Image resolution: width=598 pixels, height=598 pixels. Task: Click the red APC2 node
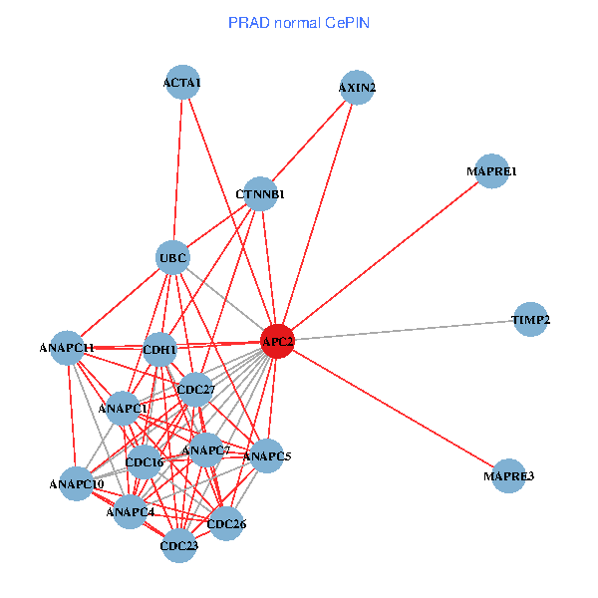(x=277, y=342)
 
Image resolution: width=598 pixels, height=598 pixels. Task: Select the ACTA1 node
(x=181, y=83)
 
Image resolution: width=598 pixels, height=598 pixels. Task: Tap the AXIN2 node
(x=357, y=88)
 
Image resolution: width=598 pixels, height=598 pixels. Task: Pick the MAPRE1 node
(x=491, y=171)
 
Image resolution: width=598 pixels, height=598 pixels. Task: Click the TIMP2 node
(x=531, y=320)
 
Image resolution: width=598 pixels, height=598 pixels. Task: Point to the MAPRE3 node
(x=508, y=476)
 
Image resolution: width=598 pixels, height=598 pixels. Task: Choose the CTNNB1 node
(x=260, y=194)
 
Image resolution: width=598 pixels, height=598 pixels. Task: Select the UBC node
(x=172, y=259)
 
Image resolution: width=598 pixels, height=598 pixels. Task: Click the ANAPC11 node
(x=67, y=348)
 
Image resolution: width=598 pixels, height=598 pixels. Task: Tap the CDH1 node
(x=159, y=350)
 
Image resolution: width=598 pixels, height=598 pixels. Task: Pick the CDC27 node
(x=195, y=389)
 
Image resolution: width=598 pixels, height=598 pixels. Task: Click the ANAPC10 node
(x=77, y=484)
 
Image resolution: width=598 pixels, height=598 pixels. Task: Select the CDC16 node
(x=145, y=462)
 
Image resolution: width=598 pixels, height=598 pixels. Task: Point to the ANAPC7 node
(x=206, y=450)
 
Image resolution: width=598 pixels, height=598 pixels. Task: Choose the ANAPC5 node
(x=267, y=456)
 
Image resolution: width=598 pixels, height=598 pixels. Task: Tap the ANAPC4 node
(x=132, y=512)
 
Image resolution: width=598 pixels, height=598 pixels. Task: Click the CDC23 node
(x=179, y=545)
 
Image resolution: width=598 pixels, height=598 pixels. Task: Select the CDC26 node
(x=226, y=523)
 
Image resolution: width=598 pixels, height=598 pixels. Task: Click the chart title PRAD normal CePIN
(x=299, y=22)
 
